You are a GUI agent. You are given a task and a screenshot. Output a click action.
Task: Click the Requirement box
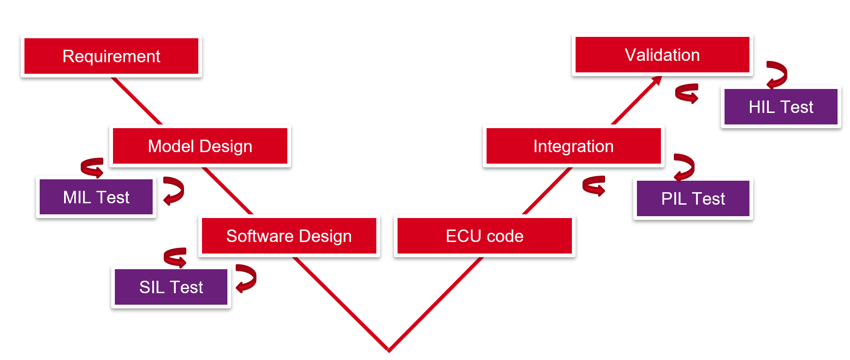pos(111,56)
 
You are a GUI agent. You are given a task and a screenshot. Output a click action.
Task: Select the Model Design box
pos(200,146)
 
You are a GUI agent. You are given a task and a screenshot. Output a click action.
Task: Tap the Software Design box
pos(289,236)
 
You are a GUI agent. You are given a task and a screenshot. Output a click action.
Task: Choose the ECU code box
pos(484,236)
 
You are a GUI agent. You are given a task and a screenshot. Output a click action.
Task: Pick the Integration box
pos(573,146)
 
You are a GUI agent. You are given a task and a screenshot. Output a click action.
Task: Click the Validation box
pos(662,55)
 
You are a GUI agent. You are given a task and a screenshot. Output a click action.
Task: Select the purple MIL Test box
pos(96,197)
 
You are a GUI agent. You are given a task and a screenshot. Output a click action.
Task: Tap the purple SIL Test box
pos(171,287)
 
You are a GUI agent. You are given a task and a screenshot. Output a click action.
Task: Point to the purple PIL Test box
pos(693,199)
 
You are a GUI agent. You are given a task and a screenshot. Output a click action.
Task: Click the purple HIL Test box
pos(781,107)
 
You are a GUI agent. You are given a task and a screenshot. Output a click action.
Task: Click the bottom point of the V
pos(389,349)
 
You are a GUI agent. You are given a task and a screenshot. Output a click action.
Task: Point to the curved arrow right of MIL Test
pos(175,190)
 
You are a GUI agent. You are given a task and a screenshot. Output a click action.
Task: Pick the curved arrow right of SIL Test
pos(247,278)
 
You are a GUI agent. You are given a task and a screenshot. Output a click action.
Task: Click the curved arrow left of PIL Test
pos(594,185)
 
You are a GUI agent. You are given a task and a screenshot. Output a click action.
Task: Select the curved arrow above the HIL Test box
pos(777,74)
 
